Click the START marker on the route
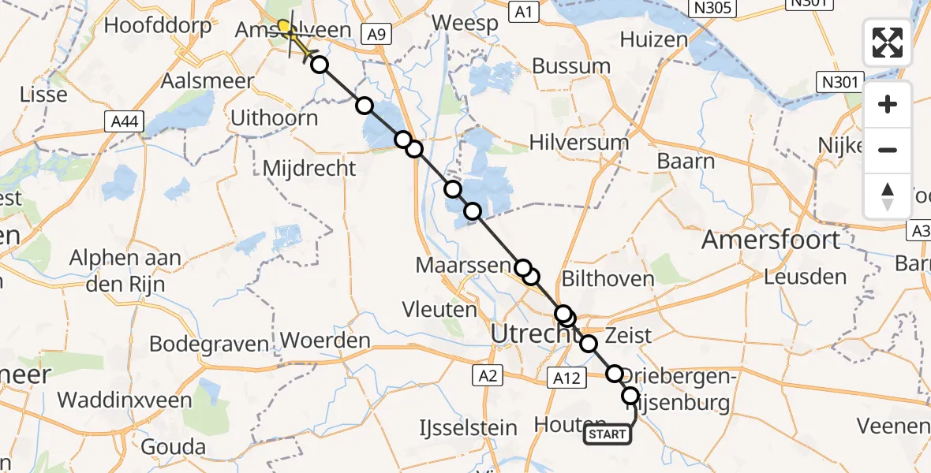point(608,434)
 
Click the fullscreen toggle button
point(888,43)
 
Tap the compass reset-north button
point(888,196)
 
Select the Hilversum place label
point(579,143)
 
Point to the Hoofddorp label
point(158,25)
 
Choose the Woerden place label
point(325,341)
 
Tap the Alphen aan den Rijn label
point(126,270)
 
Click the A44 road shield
point(123,121)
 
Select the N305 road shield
point(712,9)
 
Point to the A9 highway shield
point(376,33)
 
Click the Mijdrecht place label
point(308,167)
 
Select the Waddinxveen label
point(125,400)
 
